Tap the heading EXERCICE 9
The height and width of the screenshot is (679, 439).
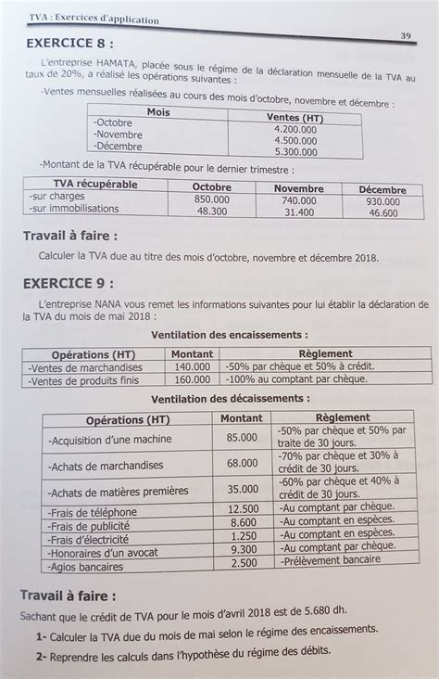[71, 282]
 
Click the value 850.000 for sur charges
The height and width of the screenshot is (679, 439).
[212, 199]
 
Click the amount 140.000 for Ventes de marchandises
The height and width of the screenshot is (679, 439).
[192, 366]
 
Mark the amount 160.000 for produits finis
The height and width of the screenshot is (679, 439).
[192, 379]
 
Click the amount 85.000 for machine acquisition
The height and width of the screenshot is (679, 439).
[241, 438]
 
